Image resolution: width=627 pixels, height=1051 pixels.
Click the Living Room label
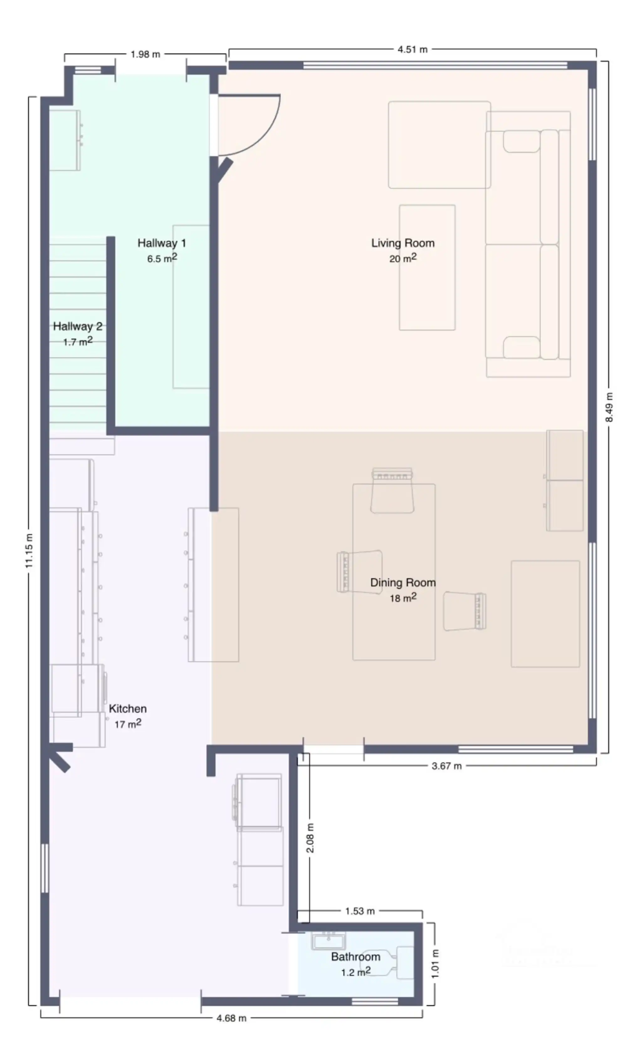pyautogui.click(x=403, y=243)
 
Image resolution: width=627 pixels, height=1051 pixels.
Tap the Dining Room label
pyautogui.click(x=403, y=583)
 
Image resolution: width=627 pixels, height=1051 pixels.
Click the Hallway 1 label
pyautogui.click(x=162, y=243)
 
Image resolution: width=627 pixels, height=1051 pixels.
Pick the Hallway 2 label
pyautogui.click(x=78, y=326)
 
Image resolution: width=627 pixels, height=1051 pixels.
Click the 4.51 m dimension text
pyautogui.click(x=412, y=50)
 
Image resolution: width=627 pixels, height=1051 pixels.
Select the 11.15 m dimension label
pyautogui.click(x=29, y=550)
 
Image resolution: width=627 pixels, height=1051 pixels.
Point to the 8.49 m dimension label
pyautogui.click(x=609, y=407)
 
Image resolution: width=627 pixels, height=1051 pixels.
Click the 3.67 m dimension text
pyautogui.click(x=447, y=766)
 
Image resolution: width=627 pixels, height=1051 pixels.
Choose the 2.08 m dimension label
pyautogui.click(x=310, y=838)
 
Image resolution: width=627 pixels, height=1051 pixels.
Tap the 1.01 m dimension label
pyautogui.click(x=435, y=964)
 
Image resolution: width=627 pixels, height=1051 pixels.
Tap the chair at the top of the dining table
pyautogui.click(x=392, y=490)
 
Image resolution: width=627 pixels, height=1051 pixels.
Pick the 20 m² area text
pyautogui.click(x=403, y=258)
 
